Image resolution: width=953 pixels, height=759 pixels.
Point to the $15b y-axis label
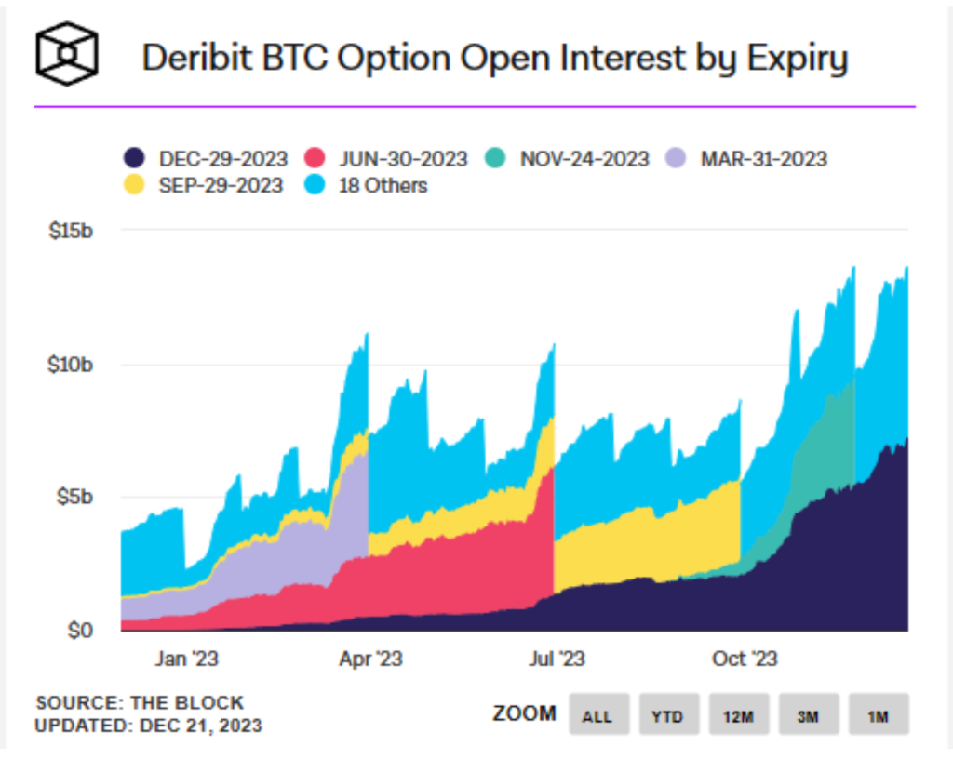pos(71,230)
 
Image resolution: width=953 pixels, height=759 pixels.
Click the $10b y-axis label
pos(71,364)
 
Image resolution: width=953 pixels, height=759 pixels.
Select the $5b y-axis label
pos(74,497)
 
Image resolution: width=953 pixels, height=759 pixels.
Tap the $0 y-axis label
pos(79,631)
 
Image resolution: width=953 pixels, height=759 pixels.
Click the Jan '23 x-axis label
pos(187,659)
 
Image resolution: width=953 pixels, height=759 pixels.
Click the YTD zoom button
pos(668,715)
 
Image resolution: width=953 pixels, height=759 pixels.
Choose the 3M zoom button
pos(809,715)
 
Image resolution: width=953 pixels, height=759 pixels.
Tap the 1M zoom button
pos(878,715)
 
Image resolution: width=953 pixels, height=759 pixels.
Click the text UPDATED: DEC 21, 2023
pos(148,725)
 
